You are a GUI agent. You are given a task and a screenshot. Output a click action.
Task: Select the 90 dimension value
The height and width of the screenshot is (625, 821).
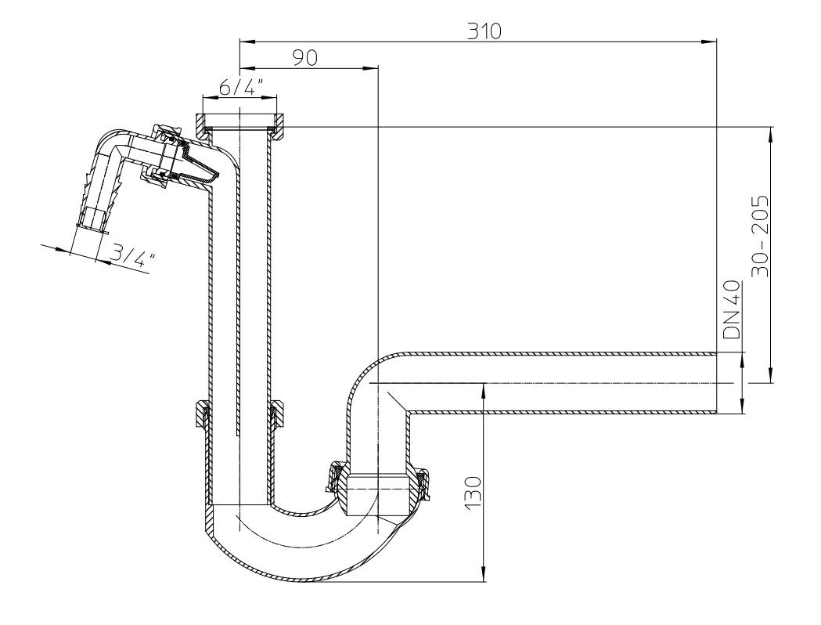(304, 58)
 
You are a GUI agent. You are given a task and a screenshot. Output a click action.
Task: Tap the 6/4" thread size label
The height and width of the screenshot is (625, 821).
(239, 87)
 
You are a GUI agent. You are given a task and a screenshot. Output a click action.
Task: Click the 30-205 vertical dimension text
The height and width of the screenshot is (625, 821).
(758, 235)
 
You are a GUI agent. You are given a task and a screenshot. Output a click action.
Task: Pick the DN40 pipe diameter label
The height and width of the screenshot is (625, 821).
(731, 310)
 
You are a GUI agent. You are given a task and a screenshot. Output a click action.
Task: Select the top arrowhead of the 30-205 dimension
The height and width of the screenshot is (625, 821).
(772, 132)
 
